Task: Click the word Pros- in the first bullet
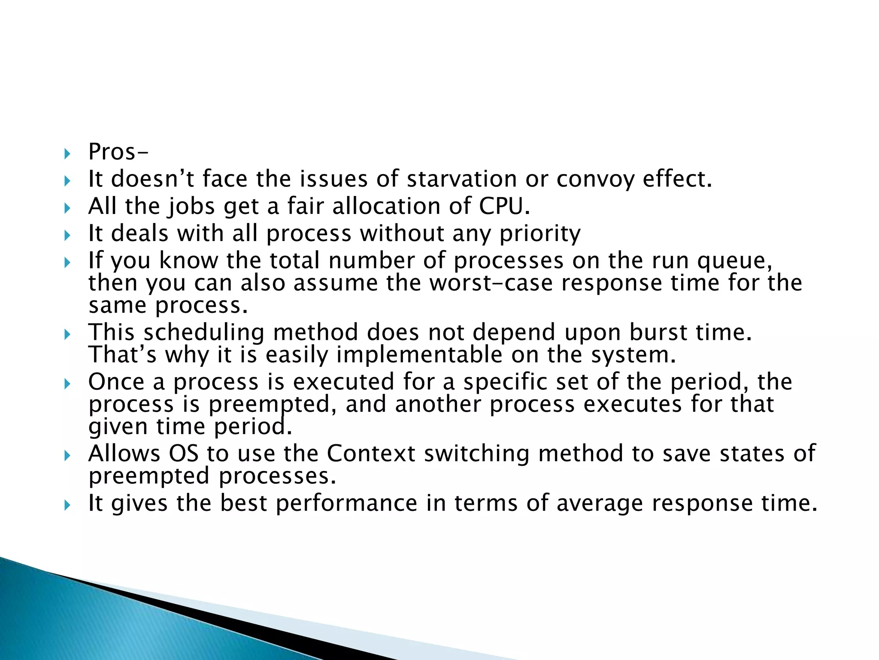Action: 118,152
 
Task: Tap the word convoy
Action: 595,179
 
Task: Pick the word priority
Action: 540,234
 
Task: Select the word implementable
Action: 419,355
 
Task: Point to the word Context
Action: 371,454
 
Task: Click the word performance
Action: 346,504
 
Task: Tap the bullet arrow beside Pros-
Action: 67,153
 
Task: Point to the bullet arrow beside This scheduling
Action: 67,334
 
